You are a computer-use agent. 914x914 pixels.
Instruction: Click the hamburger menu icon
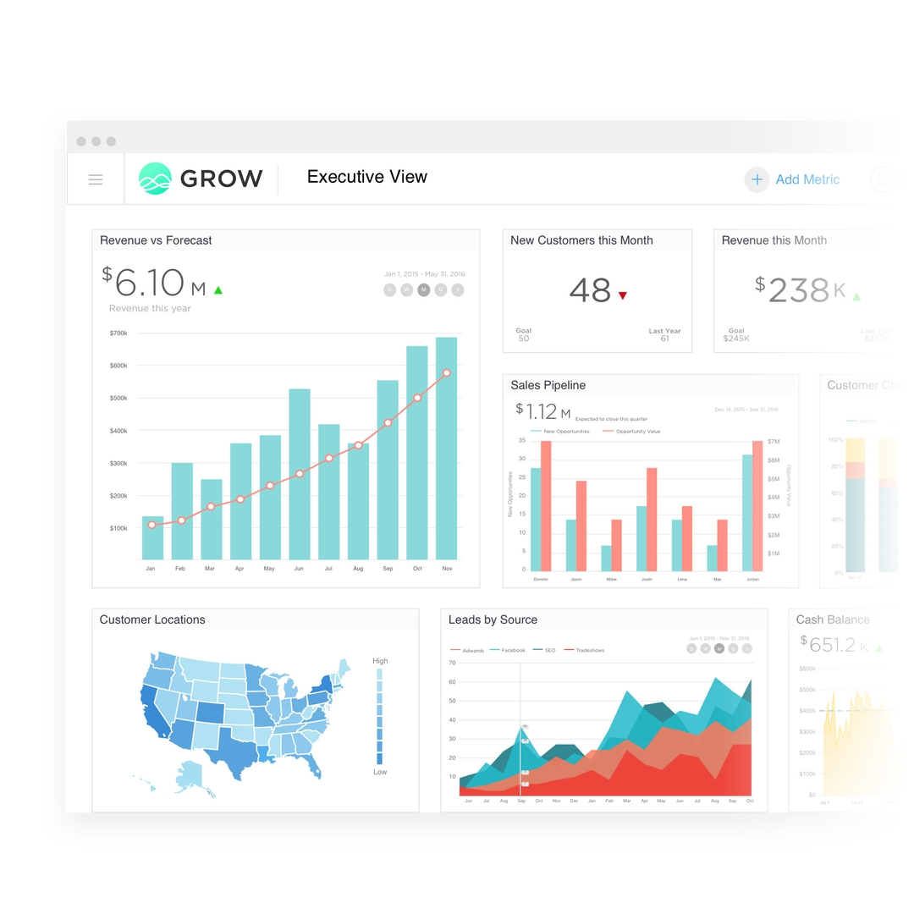pyautogui.click(x=96, y=179)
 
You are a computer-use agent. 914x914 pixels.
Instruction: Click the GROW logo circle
pyautogui.click(x=155, y=179)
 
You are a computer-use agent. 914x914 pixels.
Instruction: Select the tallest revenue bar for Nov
pyautogui.click(x=446, y=448)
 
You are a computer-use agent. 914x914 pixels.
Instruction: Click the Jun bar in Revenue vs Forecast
pyautogui.click(x=300, y=474)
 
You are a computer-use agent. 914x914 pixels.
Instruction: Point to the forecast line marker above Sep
pyautogui.click(x=388, y=422)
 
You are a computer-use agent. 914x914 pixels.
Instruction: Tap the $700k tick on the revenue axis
pyautogui.click(x=118, y=333)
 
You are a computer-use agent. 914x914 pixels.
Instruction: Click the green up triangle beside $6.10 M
pyautogui.click(x=218, y=290)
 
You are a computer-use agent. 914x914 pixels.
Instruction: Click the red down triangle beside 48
pyautogui.click(x=623, y=295)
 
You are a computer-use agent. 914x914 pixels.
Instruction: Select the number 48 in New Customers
pyautogui.click(x=590, y=291)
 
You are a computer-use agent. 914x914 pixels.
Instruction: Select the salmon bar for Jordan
pyautogui.click(x=757, y=505)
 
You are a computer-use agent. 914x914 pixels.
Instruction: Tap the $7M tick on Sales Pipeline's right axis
pyautogui.click(x=774, y=442)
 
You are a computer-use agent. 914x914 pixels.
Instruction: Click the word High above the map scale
pyautogui.click(x=380, y=661)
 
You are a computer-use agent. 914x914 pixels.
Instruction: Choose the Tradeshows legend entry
pyautogui.click(x=589, y=650)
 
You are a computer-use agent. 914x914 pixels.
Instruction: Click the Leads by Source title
pyautogui.click(x=493, y=619)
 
